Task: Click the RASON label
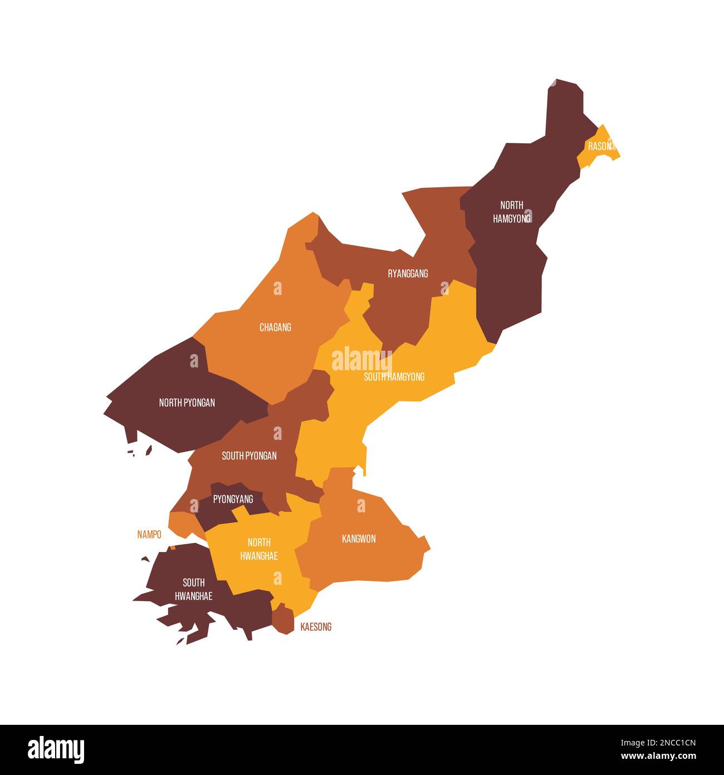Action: [x=599, y=146]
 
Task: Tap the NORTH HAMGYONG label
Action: [x=511, y=212]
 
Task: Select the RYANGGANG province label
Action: [x=408, y=273]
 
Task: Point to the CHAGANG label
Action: [x=275, y=327]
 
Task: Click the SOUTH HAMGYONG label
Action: [x=394, y=377]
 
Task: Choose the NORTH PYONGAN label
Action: [x=187, y=403]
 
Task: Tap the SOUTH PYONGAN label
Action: [x=249, y=456]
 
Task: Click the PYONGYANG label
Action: [x=233, y=499]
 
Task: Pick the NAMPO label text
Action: [x=149, y=535]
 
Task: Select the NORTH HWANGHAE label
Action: [x=258, y=549]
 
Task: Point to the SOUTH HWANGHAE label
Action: [x=193, y=589]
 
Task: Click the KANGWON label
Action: [x=359, y=539]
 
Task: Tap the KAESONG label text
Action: [x=316, y=627]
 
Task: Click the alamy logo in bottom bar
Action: [x=56, y=749]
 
